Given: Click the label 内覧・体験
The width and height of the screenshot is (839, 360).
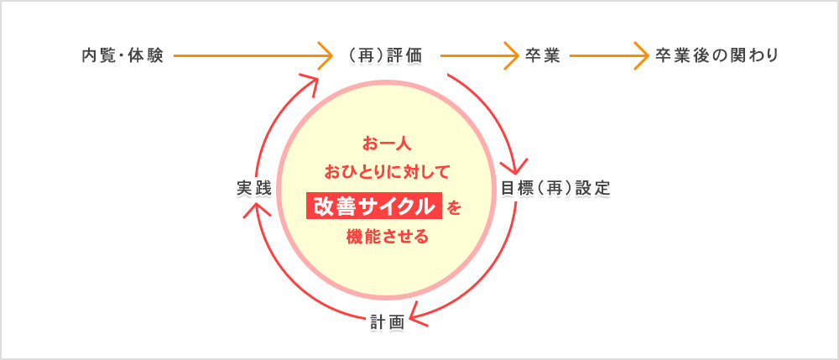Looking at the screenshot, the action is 122,55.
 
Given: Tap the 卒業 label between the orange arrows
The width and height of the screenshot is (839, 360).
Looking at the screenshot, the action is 542,55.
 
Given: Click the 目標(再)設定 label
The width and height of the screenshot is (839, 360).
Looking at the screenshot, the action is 555,189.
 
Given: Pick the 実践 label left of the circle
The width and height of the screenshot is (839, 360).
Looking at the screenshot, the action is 254,189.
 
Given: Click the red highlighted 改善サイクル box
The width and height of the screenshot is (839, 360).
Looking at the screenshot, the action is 374,206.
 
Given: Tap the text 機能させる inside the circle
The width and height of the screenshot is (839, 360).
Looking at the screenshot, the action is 388,236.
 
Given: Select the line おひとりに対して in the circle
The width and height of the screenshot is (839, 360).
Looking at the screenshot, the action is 388,172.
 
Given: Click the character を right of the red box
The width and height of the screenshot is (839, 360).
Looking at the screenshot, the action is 453,207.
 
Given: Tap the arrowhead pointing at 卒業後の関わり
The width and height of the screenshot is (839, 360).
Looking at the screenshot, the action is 641,55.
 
